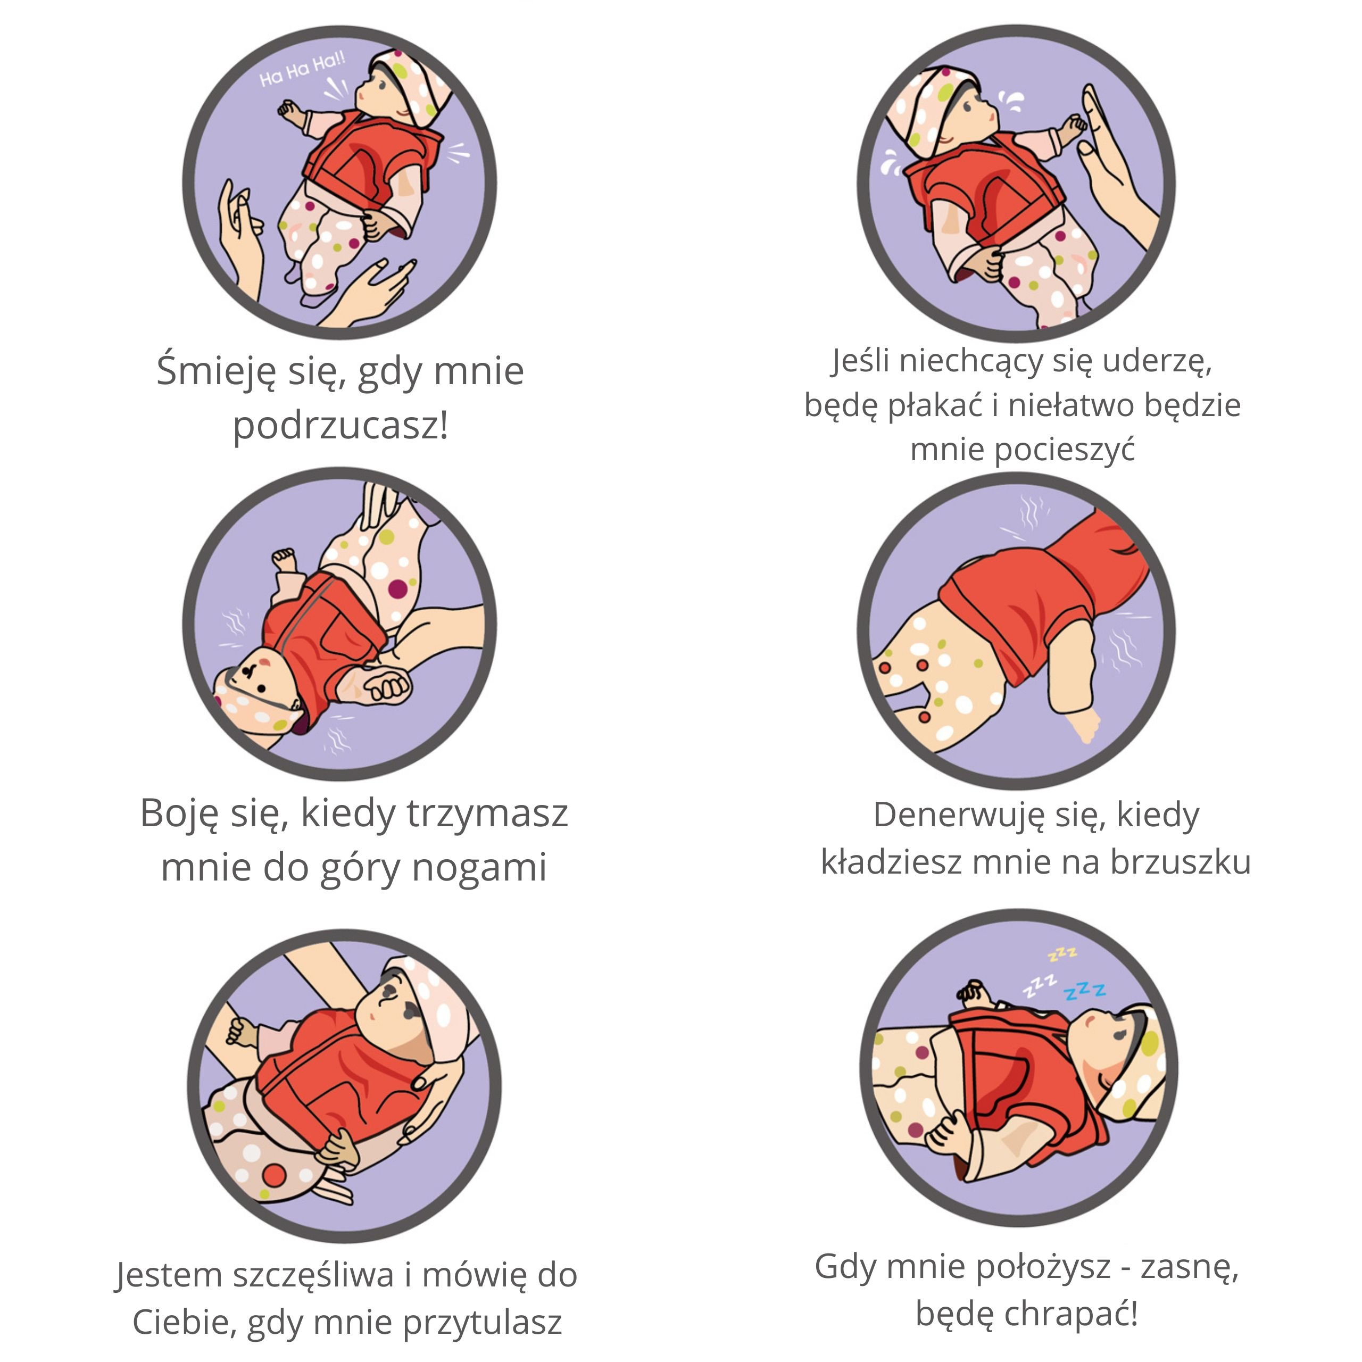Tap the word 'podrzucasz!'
tap(341, 426)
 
